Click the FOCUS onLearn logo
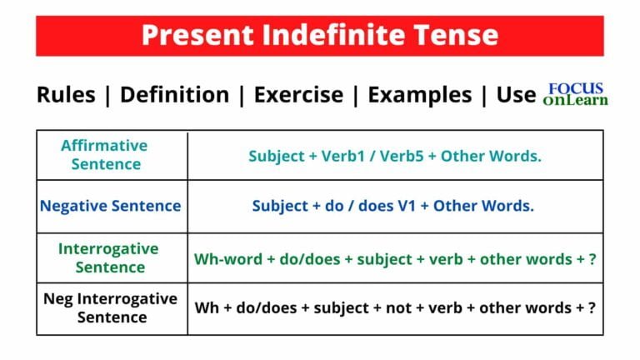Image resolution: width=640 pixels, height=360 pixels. tap(575, 94)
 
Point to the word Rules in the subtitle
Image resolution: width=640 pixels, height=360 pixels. tap(66, 95)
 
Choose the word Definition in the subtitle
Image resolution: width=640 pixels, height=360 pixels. tap(174, 95)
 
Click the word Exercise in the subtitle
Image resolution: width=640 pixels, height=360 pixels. tap(297, 95)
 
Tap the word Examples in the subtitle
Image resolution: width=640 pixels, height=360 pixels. tap(420, 95)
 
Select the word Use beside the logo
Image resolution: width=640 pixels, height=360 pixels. tap(516, 95)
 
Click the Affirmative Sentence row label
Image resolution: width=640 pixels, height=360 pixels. tap(103, 154)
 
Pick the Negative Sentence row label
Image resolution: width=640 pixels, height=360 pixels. tap(110, 206)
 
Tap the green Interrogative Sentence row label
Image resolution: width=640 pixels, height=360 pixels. tap(109, 257)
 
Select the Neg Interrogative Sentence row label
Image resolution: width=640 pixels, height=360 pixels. tap(110, 307)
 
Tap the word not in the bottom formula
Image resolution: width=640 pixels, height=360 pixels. tap(388, 307)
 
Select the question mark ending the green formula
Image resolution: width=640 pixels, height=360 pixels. tap(592, 258)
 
